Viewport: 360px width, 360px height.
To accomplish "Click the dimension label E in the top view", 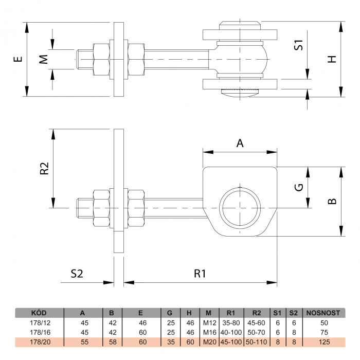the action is tap(18, 59).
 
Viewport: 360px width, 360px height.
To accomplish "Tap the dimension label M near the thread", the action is tap(43, 59).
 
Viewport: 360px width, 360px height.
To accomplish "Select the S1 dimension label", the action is tap(299, 45).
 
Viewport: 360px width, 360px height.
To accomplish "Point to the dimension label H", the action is tap(332, 59).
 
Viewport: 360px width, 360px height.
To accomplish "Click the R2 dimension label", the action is tap(44, 168).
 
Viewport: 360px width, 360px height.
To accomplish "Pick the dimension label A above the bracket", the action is tap(240, 143).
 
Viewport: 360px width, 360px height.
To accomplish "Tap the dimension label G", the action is tap(299, 187).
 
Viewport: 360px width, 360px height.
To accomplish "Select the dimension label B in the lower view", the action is tap(332, 201).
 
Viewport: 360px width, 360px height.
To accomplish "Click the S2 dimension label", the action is tap(77, 274).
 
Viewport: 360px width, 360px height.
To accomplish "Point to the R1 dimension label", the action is tap(200, 274).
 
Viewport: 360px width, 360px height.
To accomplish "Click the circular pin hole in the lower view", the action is tap(240, 208).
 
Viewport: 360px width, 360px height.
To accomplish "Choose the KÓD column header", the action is tap(39, 313).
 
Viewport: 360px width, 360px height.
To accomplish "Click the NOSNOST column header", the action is tap(323, 313).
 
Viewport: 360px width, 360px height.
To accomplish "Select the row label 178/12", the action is tap(40, 323).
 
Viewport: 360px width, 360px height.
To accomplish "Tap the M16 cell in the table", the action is tap(210, 332).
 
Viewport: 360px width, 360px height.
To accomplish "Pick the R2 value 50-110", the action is tap(256, 342).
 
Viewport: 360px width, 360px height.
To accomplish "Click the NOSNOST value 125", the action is tap(324, 342).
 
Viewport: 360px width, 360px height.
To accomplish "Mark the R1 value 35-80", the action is tap(231, 323).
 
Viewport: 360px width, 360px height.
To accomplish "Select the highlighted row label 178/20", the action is tap(40, 342).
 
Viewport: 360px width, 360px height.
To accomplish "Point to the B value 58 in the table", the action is tap(113, 342).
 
